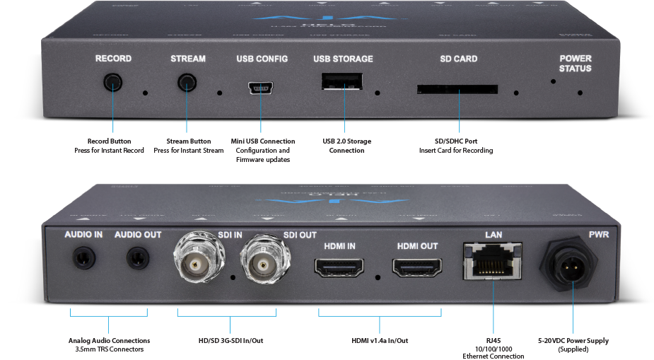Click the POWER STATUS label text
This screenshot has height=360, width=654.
[575, 63]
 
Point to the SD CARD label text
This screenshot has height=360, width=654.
[457, 59]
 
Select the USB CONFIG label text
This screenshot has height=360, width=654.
[262, 59]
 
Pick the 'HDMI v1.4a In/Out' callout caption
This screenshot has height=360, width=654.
[380, 340]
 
